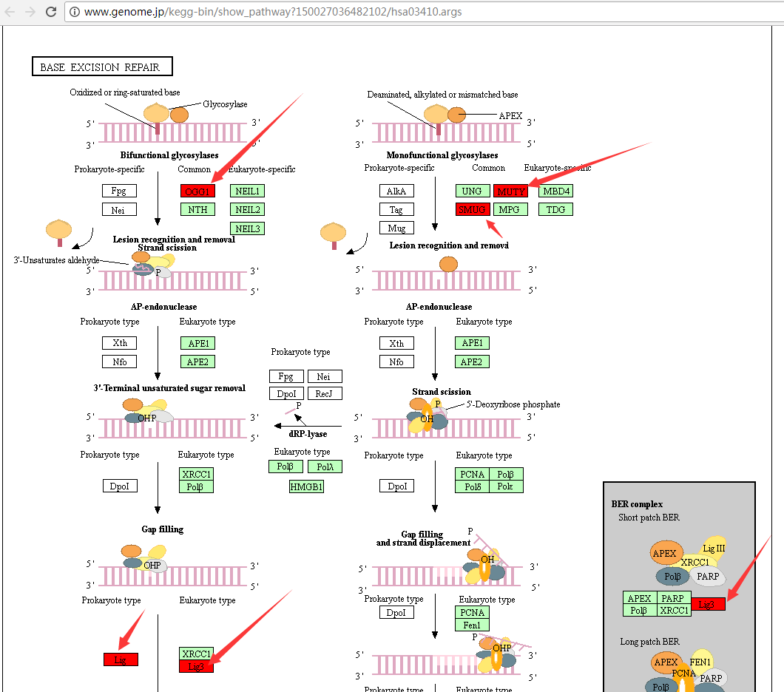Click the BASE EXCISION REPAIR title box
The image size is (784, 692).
click(x=101, y=67)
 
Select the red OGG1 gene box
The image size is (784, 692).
click(x=197, y=191)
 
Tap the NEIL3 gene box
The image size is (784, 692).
click(x=248, y=228)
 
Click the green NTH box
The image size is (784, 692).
click(x=197, y=209)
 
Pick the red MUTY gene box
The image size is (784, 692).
click(x=511, y=191)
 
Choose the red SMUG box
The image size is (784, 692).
click(x=473, y=209)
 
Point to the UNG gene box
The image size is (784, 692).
click(x=472, y=191)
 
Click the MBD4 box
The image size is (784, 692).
click(x=555, y=191)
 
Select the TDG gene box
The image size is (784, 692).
click(x=555, y=209)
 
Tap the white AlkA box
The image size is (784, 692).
click(x=396, y=191)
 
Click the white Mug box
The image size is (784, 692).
click(x=396, y=228)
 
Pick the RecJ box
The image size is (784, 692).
click(x=324, y=394)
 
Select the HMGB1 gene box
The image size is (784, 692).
click(x=307, y=486)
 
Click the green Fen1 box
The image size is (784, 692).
click(x=472, y=625)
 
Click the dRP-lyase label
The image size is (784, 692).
click(x=308, y=434)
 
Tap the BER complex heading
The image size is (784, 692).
click(x=637, y=504)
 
